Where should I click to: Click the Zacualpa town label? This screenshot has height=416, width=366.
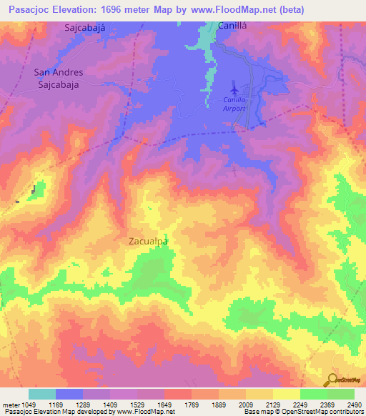(148, 242)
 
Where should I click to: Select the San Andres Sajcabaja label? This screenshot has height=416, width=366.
(59, 78)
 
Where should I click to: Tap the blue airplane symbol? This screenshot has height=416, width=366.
(234, 91)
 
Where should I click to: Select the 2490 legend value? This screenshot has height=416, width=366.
(355, 404)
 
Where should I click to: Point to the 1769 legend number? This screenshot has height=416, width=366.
(191, 404)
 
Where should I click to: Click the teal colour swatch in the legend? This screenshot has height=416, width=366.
(41, 394)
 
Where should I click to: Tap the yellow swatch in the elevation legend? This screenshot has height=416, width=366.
(286, 394)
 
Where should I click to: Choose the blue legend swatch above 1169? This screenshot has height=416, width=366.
(69, 394)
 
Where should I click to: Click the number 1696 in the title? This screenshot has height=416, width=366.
(134, 10)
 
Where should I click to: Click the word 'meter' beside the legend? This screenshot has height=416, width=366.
(10, 404)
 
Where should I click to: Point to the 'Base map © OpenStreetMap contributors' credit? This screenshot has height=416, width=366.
(302, 412)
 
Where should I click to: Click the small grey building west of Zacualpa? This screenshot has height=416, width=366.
(33, 190)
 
